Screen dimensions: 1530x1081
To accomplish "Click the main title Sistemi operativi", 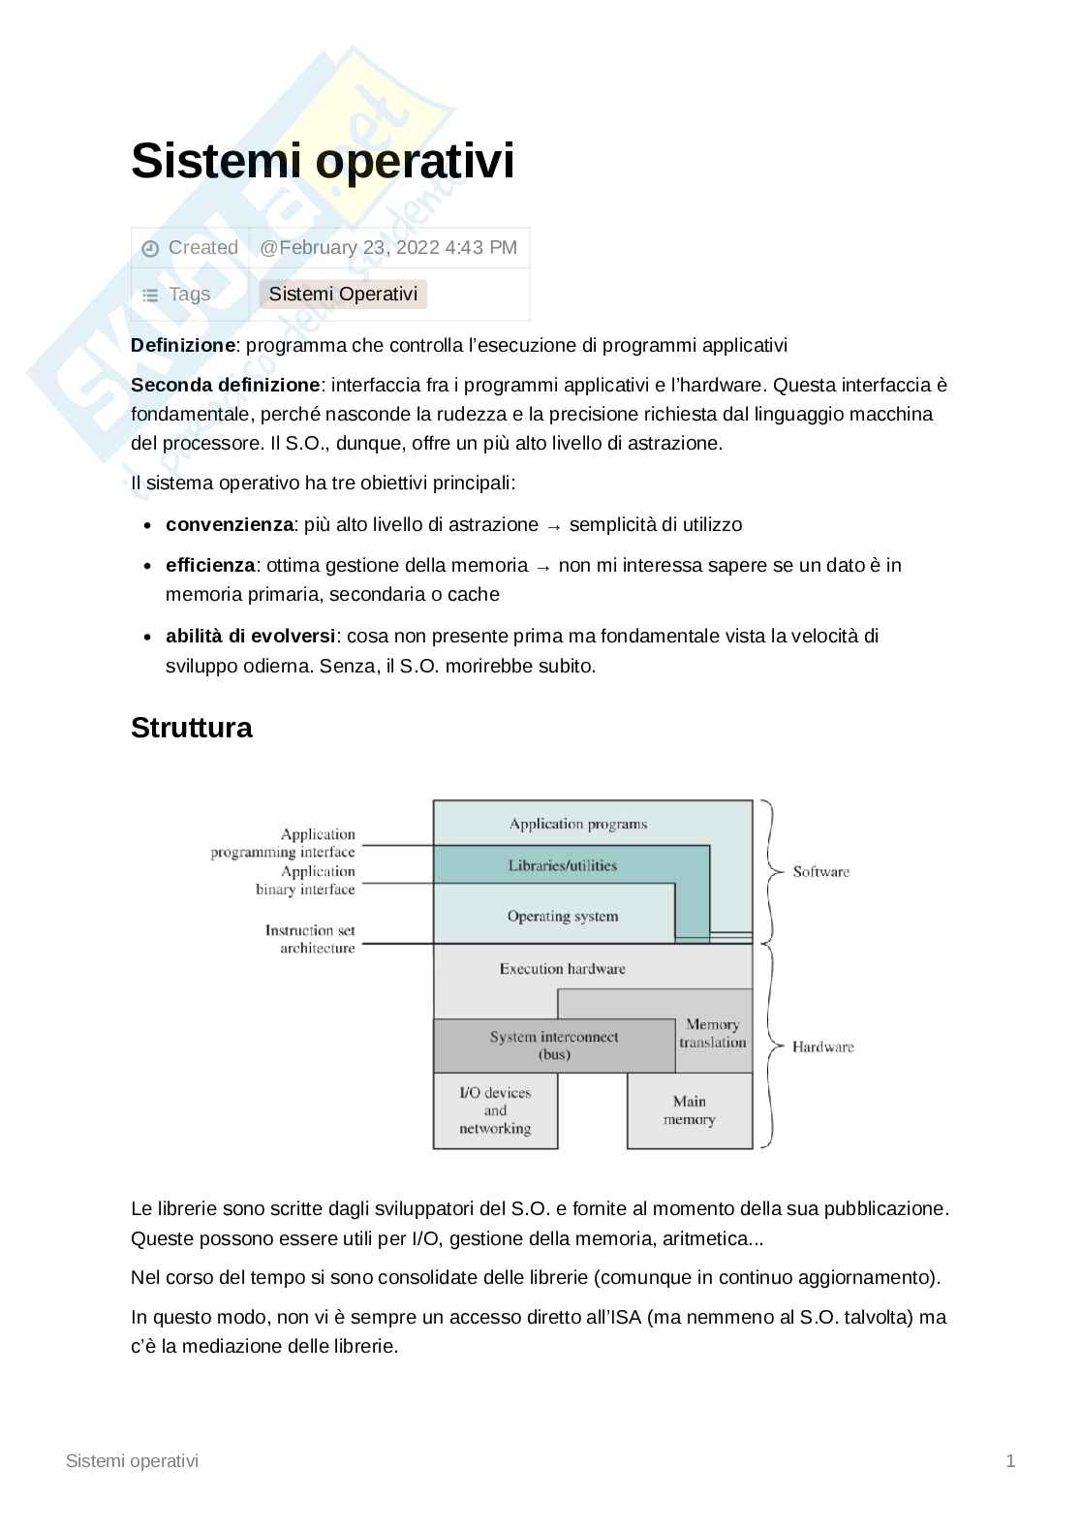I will coord(322,161).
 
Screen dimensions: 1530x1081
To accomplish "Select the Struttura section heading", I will coord(191,728).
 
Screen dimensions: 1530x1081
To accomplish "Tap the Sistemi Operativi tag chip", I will coord(343,294).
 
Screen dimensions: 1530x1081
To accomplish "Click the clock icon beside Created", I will coord(150,249).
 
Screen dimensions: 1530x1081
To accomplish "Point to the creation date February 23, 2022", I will coord(388,247).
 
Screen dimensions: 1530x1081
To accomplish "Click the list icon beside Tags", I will coord(150,296).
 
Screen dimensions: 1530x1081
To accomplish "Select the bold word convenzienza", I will coord(229,524).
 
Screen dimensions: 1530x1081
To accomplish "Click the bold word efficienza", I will coord(210,565).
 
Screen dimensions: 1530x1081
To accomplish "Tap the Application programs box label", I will coord(577,825).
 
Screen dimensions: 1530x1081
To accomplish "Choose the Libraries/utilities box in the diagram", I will coord(562,865).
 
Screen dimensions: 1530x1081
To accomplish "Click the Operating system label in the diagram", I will coord(562,916).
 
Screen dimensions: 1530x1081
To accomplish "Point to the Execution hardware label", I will coord(562,968).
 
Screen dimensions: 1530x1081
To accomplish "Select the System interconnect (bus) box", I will coord(553,1046).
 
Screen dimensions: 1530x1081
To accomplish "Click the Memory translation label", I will coord(713,1033).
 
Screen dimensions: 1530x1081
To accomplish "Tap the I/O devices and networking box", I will coord(495,1110).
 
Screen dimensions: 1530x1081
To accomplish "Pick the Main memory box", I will coord(689,1110).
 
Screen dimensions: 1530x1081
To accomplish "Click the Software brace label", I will coord(820,871).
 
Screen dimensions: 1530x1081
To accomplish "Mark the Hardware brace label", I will coord(822,1046).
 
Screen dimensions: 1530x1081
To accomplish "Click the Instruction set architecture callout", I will coord(310,939).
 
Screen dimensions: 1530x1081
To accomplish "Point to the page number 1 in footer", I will coord(1010,1460).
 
